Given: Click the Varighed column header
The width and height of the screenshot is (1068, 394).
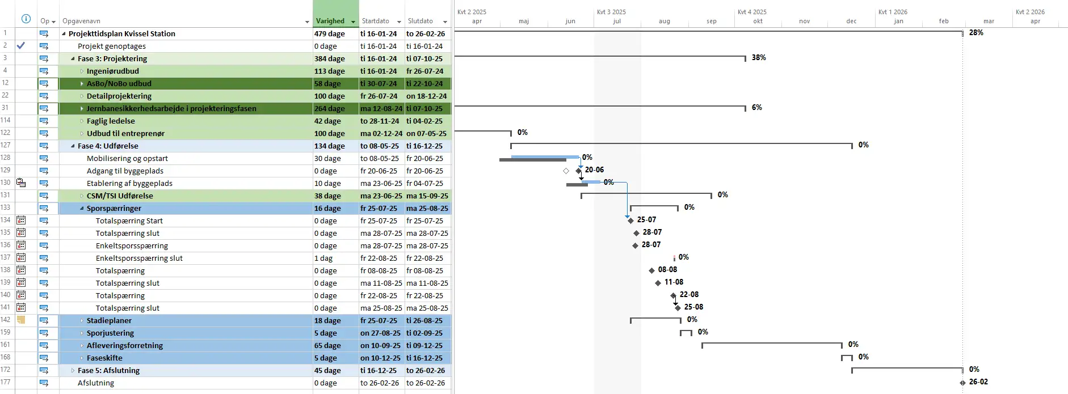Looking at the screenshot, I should [330, 21].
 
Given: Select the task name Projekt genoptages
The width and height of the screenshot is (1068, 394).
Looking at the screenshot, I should [111, 46].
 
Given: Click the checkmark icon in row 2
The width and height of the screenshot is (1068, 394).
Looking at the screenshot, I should [21, 45].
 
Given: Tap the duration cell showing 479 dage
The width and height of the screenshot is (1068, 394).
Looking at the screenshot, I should [330, 33].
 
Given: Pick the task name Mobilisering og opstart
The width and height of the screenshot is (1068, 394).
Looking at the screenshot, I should [127, 158].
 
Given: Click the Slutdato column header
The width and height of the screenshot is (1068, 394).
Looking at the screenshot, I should [420, 21].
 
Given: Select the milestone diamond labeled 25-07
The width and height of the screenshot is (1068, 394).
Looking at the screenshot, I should [630, 220].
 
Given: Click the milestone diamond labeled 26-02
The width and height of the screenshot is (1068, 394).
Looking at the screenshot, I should [962, 383].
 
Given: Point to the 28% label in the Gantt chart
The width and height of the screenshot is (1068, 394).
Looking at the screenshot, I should [976, 33].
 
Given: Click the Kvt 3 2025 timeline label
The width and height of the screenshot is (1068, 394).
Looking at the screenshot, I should [611, 12].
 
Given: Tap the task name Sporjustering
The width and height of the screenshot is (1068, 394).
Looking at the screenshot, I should [110, 333].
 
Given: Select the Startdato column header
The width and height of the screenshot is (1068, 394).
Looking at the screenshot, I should [375, 21].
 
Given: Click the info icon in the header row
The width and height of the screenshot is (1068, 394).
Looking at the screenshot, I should [26, 19].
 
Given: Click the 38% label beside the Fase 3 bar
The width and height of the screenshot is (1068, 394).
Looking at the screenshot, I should [759, 58].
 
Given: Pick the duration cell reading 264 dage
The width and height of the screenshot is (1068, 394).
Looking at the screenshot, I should [330, 108].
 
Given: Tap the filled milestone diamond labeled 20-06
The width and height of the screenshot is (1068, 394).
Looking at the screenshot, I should [579, 170].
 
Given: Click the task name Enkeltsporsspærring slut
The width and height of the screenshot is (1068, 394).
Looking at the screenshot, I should [139, 258].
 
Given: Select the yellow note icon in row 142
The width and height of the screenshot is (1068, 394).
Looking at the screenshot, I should [21, 320].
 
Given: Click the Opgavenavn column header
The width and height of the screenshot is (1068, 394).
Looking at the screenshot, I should [81, 21].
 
